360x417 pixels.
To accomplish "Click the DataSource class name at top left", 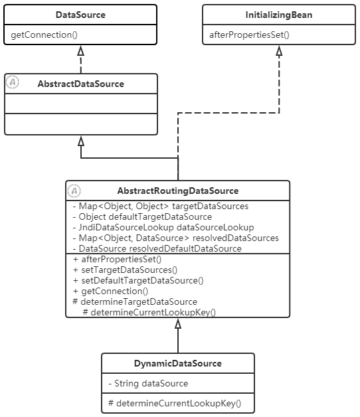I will (x=80, y=15).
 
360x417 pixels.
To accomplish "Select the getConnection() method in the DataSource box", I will (x=42, y=35).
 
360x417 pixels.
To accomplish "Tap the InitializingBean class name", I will (x=278, y=15).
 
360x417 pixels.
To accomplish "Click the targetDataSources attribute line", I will (x=159, y=207).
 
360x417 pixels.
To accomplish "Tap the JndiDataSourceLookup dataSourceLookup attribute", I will (x=162, y=227).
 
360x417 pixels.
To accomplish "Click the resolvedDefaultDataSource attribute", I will (x=156, y=248).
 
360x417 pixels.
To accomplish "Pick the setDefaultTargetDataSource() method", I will (x=137, y=280).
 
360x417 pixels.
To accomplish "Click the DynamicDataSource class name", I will (x=177, y=363).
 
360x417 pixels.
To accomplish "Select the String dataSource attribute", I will (x=147, y=383).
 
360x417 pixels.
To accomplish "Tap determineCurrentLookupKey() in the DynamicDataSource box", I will (x=174, y=403).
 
